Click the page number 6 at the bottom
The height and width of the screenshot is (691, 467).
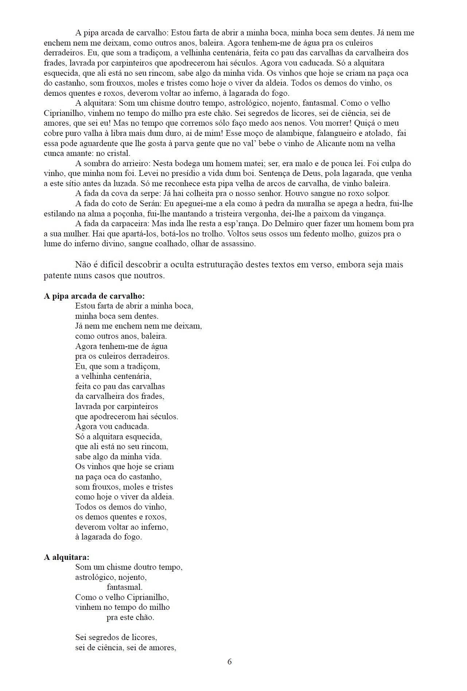click(x=229, y=661)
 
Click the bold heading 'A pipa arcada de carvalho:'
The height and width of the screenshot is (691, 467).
click(x=94, y=296)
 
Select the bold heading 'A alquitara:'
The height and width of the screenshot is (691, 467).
click(x=66, y=557)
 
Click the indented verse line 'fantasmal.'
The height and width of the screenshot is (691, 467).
click(x=124, y=587)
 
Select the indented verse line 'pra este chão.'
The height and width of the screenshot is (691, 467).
click(x=130, y=617)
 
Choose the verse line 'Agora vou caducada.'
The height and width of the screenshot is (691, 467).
click(x=112, y=426)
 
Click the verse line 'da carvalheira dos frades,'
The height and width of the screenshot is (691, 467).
click(x=120, y=396)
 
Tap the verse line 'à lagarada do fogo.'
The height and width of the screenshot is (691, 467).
click(x=108, y=537)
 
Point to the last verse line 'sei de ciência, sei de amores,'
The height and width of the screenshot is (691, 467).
click(x=126, y=647)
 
